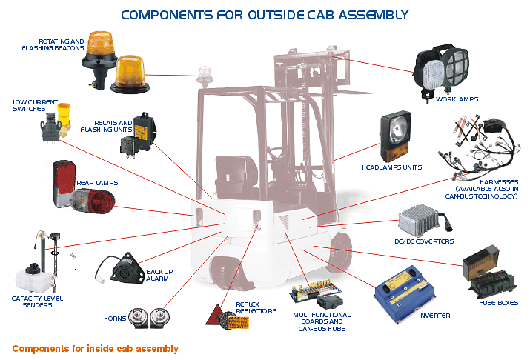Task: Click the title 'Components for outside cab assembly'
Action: click(264, 14)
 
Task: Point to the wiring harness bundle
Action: click(477, 149)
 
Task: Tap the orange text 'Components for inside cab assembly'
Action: click(96, 348)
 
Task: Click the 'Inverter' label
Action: click(434, 316)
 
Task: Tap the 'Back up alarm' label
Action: click(159, 276)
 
